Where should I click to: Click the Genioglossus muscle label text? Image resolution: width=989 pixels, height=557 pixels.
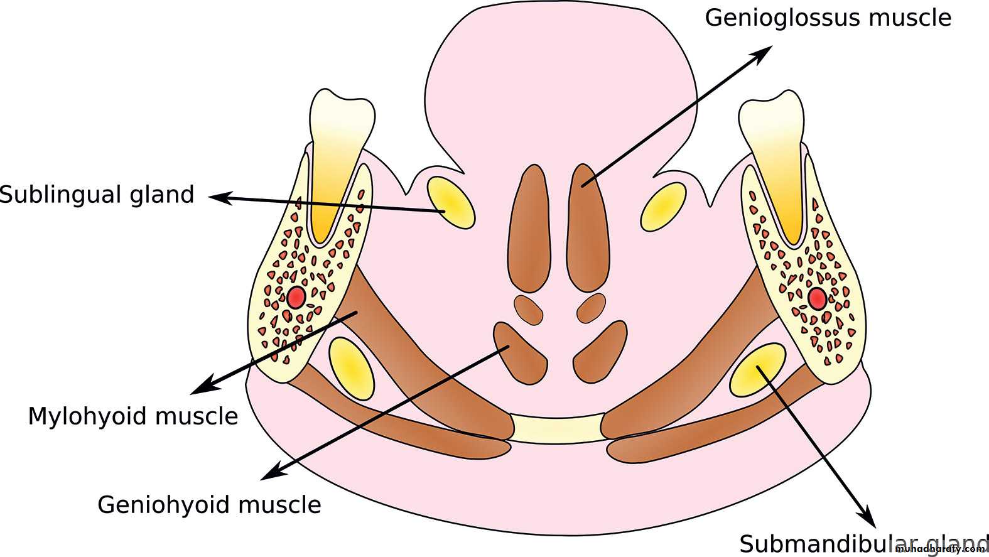tap(828, 18)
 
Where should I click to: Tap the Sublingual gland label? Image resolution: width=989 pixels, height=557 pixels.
tap(97, 195)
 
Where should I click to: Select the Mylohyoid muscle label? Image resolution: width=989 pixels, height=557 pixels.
tap(133, 416)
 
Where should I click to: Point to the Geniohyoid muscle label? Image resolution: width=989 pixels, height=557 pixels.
tap(209, 505)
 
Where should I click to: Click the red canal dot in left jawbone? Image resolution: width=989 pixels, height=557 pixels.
tap(296, 297)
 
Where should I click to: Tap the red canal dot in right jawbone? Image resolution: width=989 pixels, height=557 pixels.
tap(817, 299)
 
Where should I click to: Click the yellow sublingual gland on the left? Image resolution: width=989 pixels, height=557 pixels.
tap(451, 202)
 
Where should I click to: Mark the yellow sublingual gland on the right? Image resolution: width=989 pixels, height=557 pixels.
tap(664, 207)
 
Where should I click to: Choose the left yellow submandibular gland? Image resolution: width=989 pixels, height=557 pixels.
tap(352, 369)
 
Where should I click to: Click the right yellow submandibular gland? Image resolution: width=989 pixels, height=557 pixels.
tap(757, 369)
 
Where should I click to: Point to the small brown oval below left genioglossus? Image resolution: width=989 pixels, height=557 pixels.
tap(528, 310)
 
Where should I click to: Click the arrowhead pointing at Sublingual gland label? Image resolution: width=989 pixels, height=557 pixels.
tap(217, 197)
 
